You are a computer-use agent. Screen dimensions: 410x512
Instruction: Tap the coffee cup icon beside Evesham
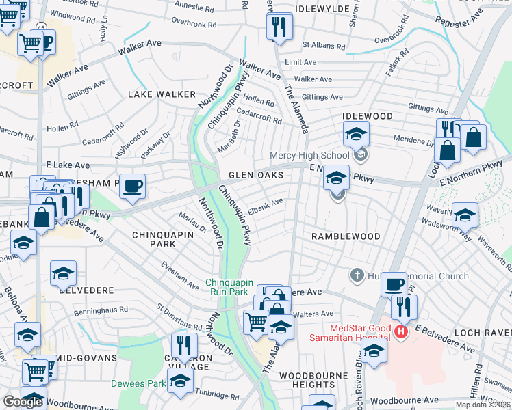click(132, 185)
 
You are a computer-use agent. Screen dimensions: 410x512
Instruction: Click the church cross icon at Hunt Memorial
click(356, 275)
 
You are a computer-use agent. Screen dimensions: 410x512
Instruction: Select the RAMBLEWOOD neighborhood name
click(346, 236)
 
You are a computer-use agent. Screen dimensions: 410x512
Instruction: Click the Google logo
click(23, 402)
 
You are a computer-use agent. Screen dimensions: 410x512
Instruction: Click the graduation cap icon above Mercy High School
click(356, 134)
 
